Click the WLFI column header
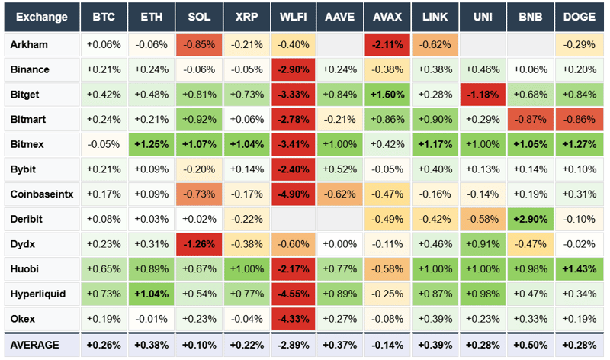click(x=294, y=17)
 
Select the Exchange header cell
click(x=40, y=17)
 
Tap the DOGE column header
click(x=579, y=17)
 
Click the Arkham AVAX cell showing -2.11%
click(x=388, y=44)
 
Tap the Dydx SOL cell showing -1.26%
click(x=198, y=244)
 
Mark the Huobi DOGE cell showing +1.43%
click(x=579, y=269)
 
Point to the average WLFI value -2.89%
click(x=294, y=345)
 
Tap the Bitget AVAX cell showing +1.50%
click(x=388, y=95)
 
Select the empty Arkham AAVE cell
click(x=341, y=44)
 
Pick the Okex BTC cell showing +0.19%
click(x=104, y=319)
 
